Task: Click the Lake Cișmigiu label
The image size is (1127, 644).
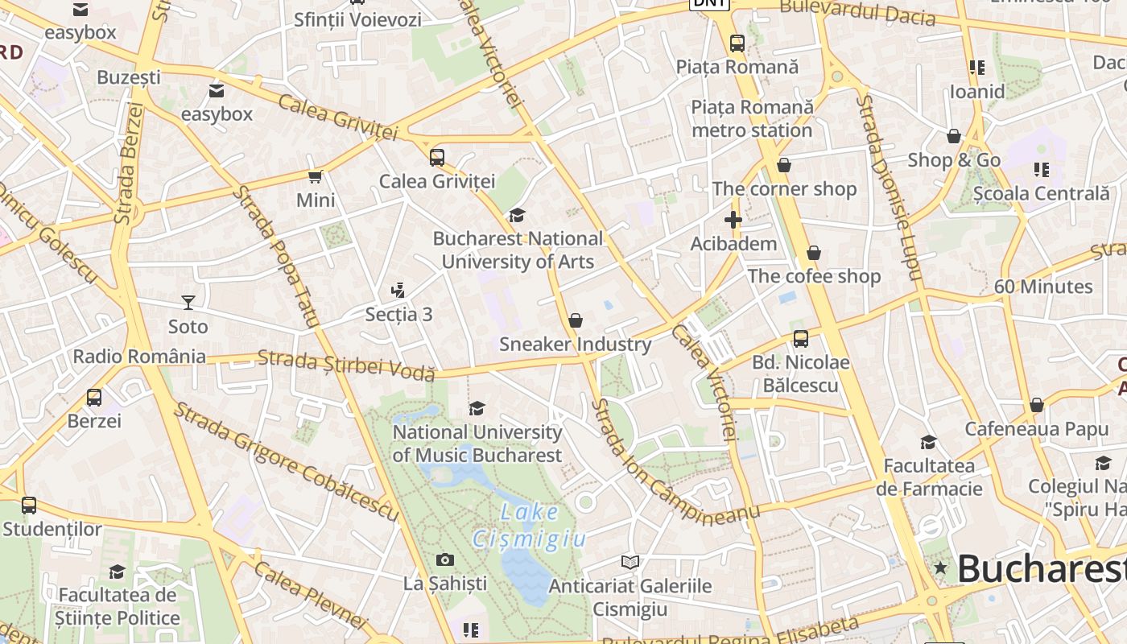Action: (529, 525)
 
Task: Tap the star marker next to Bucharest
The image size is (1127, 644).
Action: (940, 568)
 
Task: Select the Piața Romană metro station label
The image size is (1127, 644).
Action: (752, 118)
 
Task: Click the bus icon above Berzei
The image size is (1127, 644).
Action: (94, 397)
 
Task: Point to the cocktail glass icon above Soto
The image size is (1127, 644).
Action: (188, 303)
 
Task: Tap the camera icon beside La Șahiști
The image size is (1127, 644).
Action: (445, 559)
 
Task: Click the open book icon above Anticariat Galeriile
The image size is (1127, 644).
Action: (630, 562)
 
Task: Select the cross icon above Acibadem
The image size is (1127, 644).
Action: (733, 219)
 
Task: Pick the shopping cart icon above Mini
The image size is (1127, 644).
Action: (315, 176)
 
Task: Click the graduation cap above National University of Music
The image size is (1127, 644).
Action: (477, 408)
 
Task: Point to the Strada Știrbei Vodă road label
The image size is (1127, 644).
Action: (346, 364)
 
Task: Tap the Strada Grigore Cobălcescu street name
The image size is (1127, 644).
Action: (287, 461)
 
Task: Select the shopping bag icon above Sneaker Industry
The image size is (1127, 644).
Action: (575, 320)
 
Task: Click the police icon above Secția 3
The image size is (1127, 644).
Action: (397, 290)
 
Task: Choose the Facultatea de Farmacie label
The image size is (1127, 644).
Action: (929, 477)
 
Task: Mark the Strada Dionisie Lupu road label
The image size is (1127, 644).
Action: (888, 187)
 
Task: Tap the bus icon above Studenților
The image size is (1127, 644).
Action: (29, 506)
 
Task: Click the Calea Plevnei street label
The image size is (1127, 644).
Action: (310, 596)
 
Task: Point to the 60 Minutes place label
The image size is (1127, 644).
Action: (1042, 287)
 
